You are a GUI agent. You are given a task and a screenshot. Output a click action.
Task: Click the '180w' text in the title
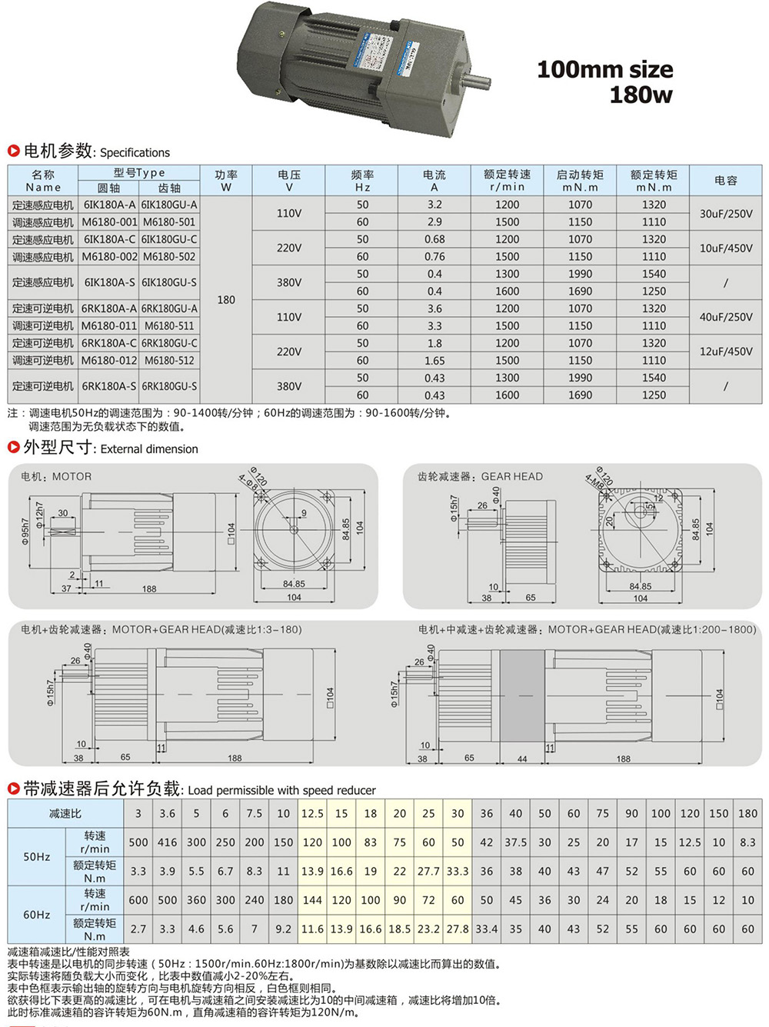pyautogui.click(x=641, y=95)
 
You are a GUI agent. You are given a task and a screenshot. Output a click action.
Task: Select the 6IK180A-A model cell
pyautogui.click(x=109, y=205)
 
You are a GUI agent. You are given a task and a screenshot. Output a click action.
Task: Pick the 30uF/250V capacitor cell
pyautogui.click(x=725, y=213)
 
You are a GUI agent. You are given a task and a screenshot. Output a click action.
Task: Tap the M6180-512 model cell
pyautogui.click(x=169, y=360)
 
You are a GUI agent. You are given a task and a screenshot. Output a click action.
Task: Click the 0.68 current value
pyautogui.click(x=434, y=239)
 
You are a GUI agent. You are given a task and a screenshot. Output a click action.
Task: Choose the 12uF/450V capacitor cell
pyautogui.click(x=725, y=352)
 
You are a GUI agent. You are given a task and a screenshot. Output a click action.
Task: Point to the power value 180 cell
pyautogui.click(x=226, y=299)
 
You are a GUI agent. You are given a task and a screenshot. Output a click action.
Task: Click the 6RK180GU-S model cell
pyautogui.click(x=169, y=386)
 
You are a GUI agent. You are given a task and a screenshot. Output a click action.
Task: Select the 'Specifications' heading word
pyautogui.click(x=135, y=152)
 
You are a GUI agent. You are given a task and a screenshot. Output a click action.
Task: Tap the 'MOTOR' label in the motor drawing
pyautogui.click(x=72, y=477)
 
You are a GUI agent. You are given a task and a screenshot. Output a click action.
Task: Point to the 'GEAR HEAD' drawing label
pyautogui.click(x=511, y=477)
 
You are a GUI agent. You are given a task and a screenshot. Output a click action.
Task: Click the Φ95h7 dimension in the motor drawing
pyautogui.click(x=25, y=531)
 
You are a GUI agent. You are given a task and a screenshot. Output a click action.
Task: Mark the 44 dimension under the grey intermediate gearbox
pyautogui.click(x=522, y=759)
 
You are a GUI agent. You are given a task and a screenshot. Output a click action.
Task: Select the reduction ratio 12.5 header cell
pyautogui.click(x=312, y=813)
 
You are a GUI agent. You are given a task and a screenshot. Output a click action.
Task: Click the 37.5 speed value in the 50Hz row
pyautogui.click(x=515, y=842)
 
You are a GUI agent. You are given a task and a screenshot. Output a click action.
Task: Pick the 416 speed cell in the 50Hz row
pyautogui.click(x=167, y=842)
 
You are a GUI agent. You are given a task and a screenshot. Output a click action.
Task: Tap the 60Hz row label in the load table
pyautogui.click(x=37, y=915)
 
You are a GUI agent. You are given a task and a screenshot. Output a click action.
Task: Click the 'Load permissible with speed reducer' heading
pyautogui.click(x=281, y=790)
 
